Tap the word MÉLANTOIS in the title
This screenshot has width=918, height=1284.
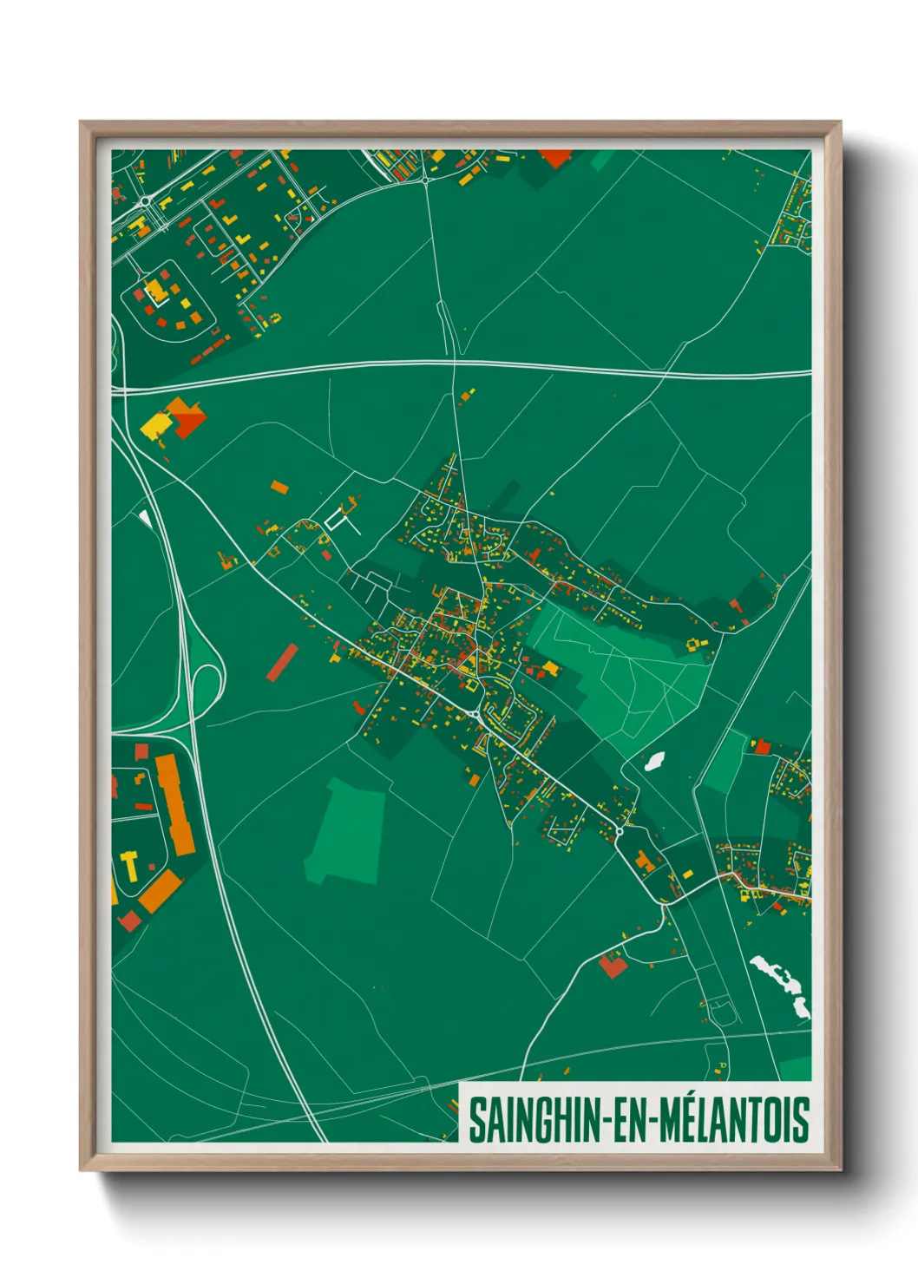734,1120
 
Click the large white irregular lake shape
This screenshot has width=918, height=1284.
783,983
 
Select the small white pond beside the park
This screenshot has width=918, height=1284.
654,762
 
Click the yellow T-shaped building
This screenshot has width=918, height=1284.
130,864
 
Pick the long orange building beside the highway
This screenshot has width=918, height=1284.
176,803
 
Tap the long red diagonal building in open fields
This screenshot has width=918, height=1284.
282,663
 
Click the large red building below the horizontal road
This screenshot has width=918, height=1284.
190,421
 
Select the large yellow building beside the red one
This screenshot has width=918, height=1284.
157,424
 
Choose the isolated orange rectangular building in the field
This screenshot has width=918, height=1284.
279,487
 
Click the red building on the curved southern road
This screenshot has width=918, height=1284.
613,965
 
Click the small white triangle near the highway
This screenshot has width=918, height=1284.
145,519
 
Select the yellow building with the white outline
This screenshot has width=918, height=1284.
156,292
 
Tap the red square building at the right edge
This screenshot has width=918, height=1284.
763,746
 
